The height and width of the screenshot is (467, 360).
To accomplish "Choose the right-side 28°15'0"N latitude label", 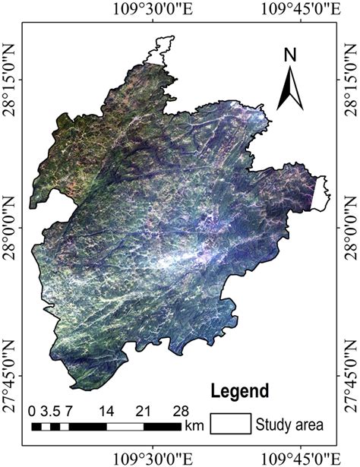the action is pos(352,80).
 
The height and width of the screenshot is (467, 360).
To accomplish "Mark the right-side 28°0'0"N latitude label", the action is pos(352,227).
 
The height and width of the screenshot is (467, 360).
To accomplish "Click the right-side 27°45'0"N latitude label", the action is pos(352,375).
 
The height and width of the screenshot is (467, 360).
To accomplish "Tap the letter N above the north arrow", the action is pos(289,55).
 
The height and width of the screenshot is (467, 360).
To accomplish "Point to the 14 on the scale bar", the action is pos(106,411).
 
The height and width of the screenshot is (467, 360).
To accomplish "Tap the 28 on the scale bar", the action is pos(180,411).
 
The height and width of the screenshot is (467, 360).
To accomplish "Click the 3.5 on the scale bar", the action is pos(49,411).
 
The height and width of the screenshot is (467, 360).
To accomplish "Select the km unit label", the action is pos(194,427).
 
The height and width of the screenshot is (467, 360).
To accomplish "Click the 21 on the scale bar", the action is pos(144,411).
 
